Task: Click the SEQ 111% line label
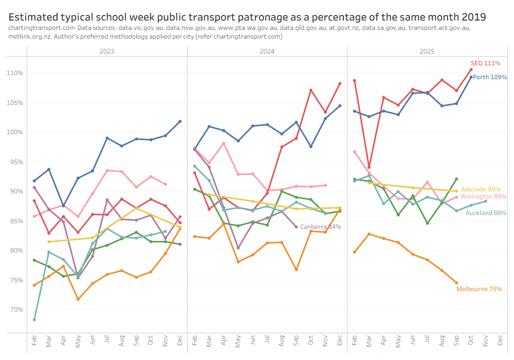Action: click(x=485, y=63)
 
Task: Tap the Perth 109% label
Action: click(x=490, y=77)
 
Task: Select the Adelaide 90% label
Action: click(x=481, y=189)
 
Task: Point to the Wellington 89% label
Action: click(x=484, y=196)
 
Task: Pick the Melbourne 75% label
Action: click(x=479, y=289)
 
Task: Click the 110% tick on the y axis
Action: click(x=16, y=73)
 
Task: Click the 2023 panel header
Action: click(x=107, y=51)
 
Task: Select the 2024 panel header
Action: click(x=267, y=51)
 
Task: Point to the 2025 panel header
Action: click(x=427, y=51)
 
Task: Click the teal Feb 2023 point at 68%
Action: click(x=34, y=319)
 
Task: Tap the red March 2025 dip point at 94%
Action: click(x=369, y=167)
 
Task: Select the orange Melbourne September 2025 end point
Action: click(x=456, y=282)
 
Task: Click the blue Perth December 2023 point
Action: click(x=180, y=121)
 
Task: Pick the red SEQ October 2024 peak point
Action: click(x=311, y=91)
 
